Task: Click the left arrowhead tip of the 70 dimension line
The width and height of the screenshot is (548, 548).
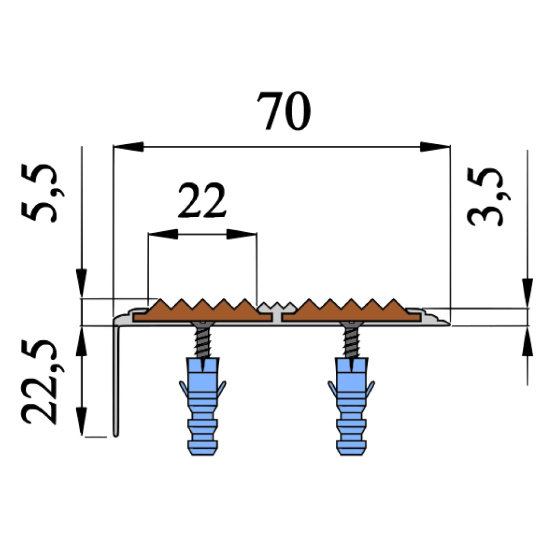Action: [x=114, y=147]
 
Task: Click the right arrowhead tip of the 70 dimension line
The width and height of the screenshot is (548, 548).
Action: [x=449, y=147]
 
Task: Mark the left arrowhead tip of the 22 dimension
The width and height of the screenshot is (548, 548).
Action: [x=149, y=234]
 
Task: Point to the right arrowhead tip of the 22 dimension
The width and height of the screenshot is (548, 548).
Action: [x=256, y=234]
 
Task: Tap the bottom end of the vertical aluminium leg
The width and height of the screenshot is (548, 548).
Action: [x=116, y=436]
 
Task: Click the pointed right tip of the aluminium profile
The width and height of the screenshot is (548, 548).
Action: [x=450, y=324]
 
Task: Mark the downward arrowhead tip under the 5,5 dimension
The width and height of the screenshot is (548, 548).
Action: [x=82, y=298]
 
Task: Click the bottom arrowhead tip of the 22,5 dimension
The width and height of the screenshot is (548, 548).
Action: [x=82, y=436]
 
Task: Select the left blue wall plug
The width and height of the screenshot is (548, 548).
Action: [x=203, y=406]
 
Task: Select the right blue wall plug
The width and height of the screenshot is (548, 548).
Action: [x=351, y=406]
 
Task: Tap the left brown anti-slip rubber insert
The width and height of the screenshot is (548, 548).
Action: [x=203, y=311]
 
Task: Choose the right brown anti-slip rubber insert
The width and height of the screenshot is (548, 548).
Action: [x=351, y=311]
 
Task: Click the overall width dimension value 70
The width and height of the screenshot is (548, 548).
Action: [x=284, y=111]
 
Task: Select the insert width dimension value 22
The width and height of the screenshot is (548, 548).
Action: [x=202, y=200]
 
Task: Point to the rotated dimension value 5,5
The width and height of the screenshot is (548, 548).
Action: [x=43, y=193]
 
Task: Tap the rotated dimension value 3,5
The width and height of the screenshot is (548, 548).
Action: [x=488, y=197]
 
